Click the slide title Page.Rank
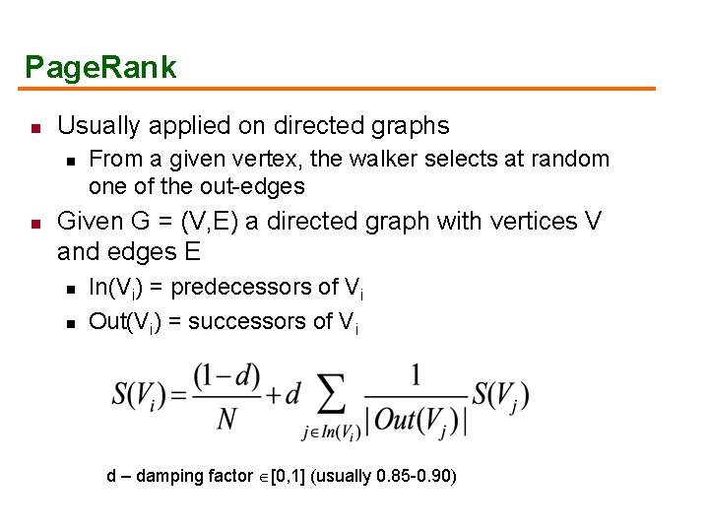click(100, 67)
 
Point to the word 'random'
click(570, 159)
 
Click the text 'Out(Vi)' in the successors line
click(125, 321)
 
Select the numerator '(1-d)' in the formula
click(227, 376)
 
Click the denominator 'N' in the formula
click(227, 420)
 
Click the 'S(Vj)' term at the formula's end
click(500, 396)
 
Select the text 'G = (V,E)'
click(179, 221)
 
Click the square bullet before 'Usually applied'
click(32, 128)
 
